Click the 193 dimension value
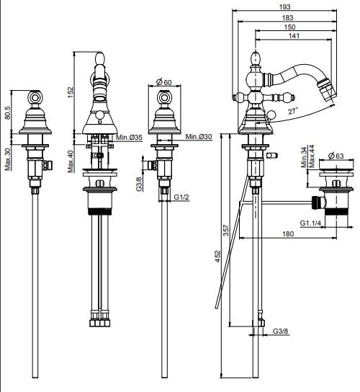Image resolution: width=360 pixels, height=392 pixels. tap(285, 6)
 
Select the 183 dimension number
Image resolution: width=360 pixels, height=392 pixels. tap(287, 18)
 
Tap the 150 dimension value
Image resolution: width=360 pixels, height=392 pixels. tap(289, 27)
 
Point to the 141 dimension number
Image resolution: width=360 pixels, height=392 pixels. tap(294, 36)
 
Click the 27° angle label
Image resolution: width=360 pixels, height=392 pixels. tap(293, 111)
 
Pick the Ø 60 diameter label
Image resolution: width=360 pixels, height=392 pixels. tap(164, 81)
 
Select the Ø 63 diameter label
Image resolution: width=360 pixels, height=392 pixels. tap(336, 156)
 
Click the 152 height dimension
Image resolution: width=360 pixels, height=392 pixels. tap(71, 92)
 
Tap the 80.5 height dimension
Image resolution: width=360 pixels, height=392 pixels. tap(8, 112)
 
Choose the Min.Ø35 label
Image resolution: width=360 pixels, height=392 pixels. tap(129, 137)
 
